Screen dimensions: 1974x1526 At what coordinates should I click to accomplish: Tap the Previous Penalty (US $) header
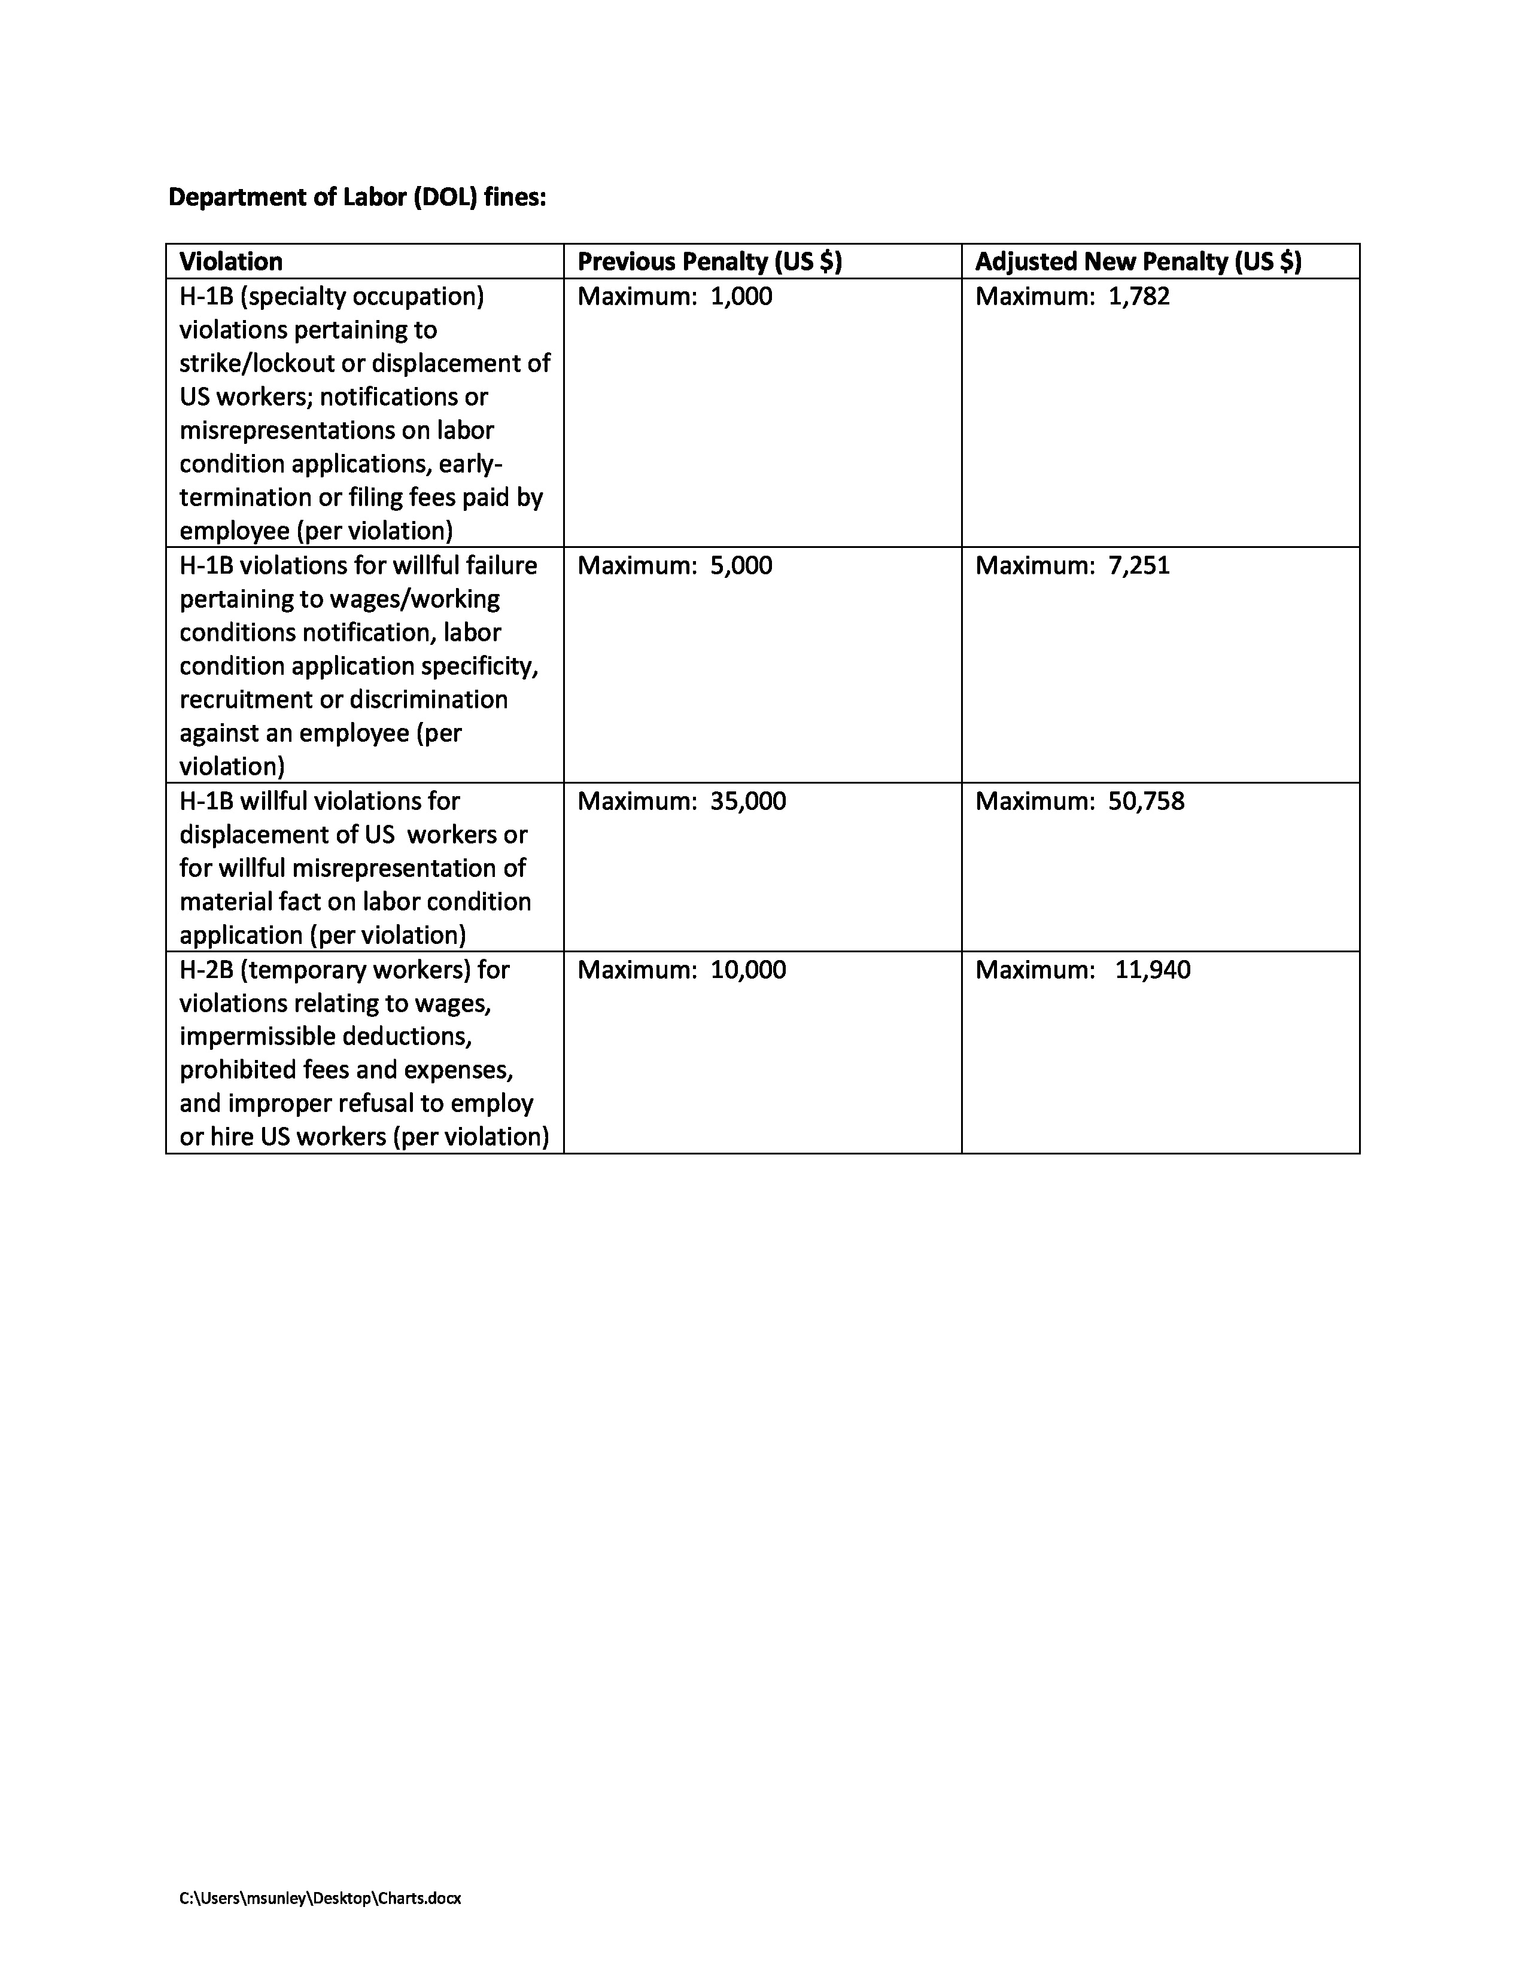tap(710, 261)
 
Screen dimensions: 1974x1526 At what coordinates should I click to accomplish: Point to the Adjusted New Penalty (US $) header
tap(1138, 261)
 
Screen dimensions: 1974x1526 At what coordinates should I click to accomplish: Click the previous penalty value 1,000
tap(741, 297)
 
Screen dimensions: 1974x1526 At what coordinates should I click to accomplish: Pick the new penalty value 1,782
tap(1139, 297)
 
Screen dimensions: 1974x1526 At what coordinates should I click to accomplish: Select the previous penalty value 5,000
tap(741, 566)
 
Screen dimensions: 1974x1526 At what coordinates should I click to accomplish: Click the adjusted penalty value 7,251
tap(1139, 566)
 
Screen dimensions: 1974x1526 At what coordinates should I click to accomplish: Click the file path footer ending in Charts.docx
tap(320, 1898)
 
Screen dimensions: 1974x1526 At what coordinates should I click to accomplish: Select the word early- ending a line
tap(471, 464)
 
